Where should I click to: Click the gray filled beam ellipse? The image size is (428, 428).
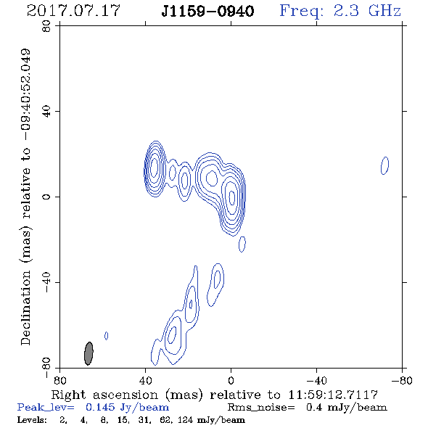point(89,353)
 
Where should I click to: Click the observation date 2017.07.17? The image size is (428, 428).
point(73,11)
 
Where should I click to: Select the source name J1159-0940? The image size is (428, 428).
point(207,12)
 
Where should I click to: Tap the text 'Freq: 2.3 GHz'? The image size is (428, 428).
point(340,11)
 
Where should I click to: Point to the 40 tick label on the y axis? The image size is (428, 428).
point(46,112)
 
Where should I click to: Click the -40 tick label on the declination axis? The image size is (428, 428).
point(46,282)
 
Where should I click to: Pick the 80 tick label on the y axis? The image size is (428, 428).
point(46,26)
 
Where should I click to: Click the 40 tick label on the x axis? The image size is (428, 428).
point(145,380)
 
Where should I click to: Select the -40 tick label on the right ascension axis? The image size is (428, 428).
point(316,380)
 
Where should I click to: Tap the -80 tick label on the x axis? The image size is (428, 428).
point(402,380)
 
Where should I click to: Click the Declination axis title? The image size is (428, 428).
point(25,197)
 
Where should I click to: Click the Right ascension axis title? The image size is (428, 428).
point(214,395)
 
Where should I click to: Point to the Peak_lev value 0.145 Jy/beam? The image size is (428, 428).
point(127,408)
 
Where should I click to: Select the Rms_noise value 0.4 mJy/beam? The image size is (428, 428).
point(346,408)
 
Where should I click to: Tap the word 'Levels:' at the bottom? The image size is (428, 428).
point(32,420)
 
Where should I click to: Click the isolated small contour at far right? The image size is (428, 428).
point(385,165)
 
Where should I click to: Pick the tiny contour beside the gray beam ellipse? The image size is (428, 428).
point(107,336)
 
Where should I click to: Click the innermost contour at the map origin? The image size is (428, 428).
point(231,197)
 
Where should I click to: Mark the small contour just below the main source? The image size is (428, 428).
point(242,244)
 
